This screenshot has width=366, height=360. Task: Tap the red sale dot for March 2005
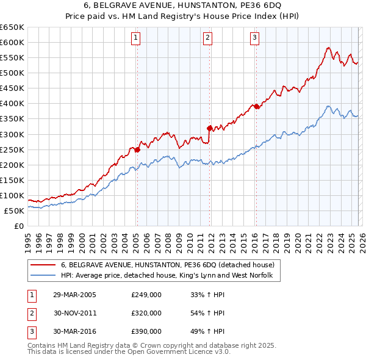(137, 149)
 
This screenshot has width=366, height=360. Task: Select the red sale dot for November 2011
(210, 128)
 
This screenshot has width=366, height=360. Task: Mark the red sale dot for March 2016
(256, 106)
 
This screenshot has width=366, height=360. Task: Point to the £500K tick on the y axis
(12, 73)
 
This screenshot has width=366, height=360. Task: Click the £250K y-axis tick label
(12, 149)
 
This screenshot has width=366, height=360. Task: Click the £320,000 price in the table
(146, 313)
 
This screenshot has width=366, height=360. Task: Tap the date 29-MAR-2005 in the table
(74, 294)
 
